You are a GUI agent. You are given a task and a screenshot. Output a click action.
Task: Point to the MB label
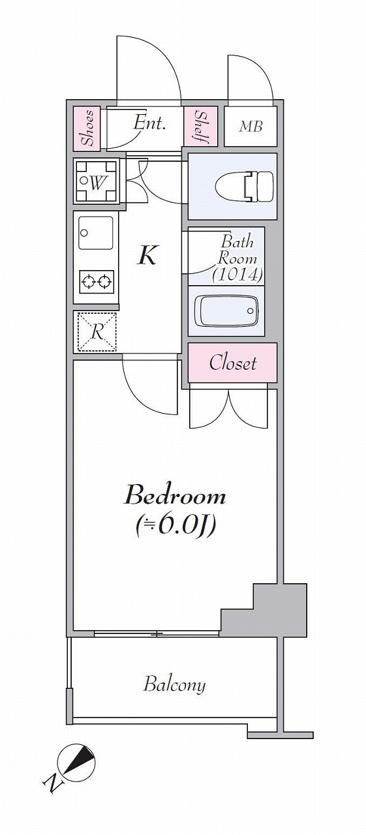pyautogui.click(x=251, y=127)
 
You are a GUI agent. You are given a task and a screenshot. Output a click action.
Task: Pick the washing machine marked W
pyautogui.click(x=97, y=181)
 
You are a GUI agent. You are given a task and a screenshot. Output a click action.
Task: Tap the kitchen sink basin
pyautogui.click(x=95, y=233)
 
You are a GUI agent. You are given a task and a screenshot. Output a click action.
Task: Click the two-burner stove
pyautogui.click(x=97, y=282)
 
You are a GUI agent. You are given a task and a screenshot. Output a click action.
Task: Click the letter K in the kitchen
pyautogui.click(x=148, y=255)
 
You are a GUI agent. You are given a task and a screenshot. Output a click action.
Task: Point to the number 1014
pyautogui.click(x=237, y=275)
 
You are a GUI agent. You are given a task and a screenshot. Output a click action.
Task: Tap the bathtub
pyautogui.click(x=226, y=311)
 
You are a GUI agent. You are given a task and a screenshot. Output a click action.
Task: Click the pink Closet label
pyautogui.click(x=232, y=362)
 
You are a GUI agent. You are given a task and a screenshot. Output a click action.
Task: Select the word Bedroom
pyautogui.click(x=175, y=496)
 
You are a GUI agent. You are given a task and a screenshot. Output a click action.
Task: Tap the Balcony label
pyautogui.click(x=174, y=684)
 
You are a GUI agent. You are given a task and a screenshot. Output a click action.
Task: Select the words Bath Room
pyautogui.click(x=237, y=250)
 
